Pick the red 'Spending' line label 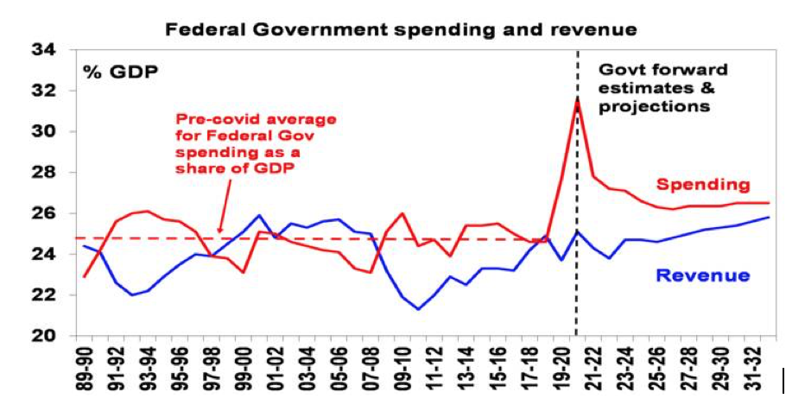702,184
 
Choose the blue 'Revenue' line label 703,276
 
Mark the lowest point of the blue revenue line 419,309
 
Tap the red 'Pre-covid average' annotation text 255,143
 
